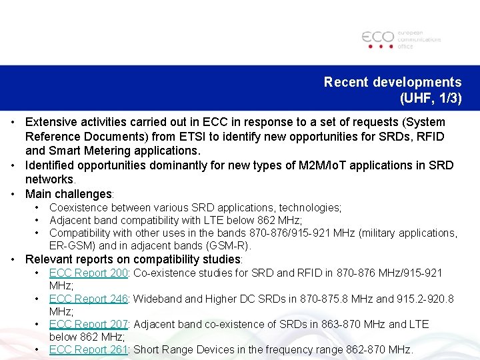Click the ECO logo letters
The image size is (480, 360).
(378, 37)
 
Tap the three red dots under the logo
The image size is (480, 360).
(379, 47)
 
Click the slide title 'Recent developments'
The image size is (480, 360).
(392, 82)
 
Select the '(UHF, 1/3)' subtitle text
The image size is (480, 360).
(430, 99)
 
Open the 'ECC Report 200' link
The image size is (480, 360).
(88, 273)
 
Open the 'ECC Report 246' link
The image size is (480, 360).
(88, 299)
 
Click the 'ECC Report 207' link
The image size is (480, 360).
(88, 324)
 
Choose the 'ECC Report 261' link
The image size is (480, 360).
(88, 349)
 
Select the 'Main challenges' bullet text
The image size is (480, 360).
(68, 194)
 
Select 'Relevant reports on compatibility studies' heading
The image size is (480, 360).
(133, 259)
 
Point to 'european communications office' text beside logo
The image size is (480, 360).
(419, 39)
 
